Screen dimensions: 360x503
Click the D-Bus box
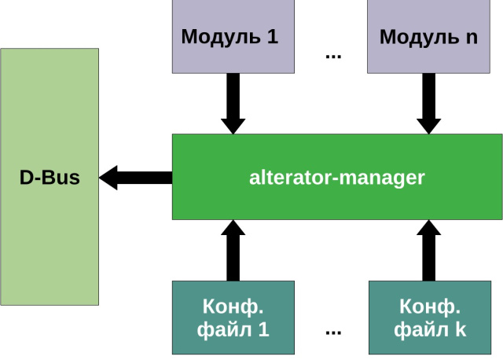pos(50,177)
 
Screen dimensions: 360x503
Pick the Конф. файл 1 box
pos(233,317)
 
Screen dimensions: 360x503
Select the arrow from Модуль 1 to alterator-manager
pos(233,104)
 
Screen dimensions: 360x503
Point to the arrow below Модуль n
pos(428,104)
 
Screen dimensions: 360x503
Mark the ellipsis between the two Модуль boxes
pos(332,55)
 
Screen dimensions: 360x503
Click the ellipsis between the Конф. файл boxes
pos(332,331)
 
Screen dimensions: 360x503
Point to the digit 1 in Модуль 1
pos(272,37)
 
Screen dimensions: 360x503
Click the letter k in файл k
pos(460,329)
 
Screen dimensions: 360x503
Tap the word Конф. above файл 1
pos(233,305)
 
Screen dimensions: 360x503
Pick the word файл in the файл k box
pos(419,329)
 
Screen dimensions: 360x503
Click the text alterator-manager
pos(337,178)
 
